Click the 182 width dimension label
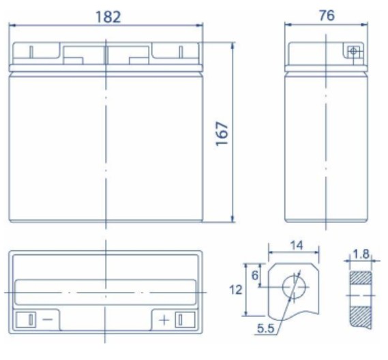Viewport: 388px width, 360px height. click(108, 17)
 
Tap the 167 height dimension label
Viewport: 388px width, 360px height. click(222, 134)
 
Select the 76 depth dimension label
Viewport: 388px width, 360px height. click(327, 15)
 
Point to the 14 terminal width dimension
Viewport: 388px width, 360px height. click(296, 245)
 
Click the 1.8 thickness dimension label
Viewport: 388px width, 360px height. click(361, 254)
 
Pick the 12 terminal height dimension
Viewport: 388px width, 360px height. click(235, 290)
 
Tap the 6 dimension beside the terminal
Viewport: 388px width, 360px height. click(255, 275)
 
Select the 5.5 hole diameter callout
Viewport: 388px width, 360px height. click(266, 329)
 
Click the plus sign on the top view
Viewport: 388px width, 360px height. click(164, 320)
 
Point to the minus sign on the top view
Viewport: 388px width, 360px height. click(48, 319)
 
